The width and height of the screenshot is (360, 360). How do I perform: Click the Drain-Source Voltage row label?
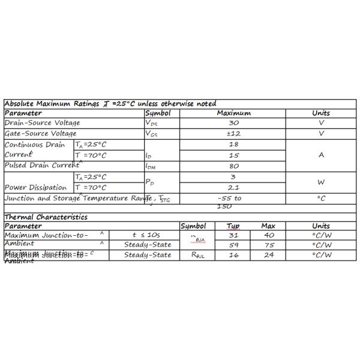pos(42,123)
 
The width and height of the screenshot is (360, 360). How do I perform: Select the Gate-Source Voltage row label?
pos(41,133)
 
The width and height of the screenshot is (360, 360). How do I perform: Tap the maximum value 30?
pos(234,123)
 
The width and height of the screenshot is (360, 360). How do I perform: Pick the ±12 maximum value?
pos(234,133)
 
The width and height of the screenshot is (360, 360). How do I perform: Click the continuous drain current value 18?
pos(234,145)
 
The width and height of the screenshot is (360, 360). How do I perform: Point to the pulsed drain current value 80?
pos(234,166)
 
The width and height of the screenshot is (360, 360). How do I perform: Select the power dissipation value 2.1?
pos(234,188)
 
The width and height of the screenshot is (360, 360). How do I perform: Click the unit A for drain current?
pos(321,155)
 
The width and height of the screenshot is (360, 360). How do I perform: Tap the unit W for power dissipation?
pos(321,182)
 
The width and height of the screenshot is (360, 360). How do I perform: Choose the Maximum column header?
pos(234,113)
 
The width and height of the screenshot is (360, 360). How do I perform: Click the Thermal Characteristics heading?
pos(46,217)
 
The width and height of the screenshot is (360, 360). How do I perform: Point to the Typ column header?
pos(233,226)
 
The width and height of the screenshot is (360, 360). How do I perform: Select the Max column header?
pos(268,226)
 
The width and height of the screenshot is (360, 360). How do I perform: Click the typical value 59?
pos(234,245)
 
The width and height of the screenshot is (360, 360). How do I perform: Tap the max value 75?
pos(269,245)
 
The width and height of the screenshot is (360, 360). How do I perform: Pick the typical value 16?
pos(234,255)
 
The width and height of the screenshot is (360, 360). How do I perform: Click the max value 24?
pos(269,255)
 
